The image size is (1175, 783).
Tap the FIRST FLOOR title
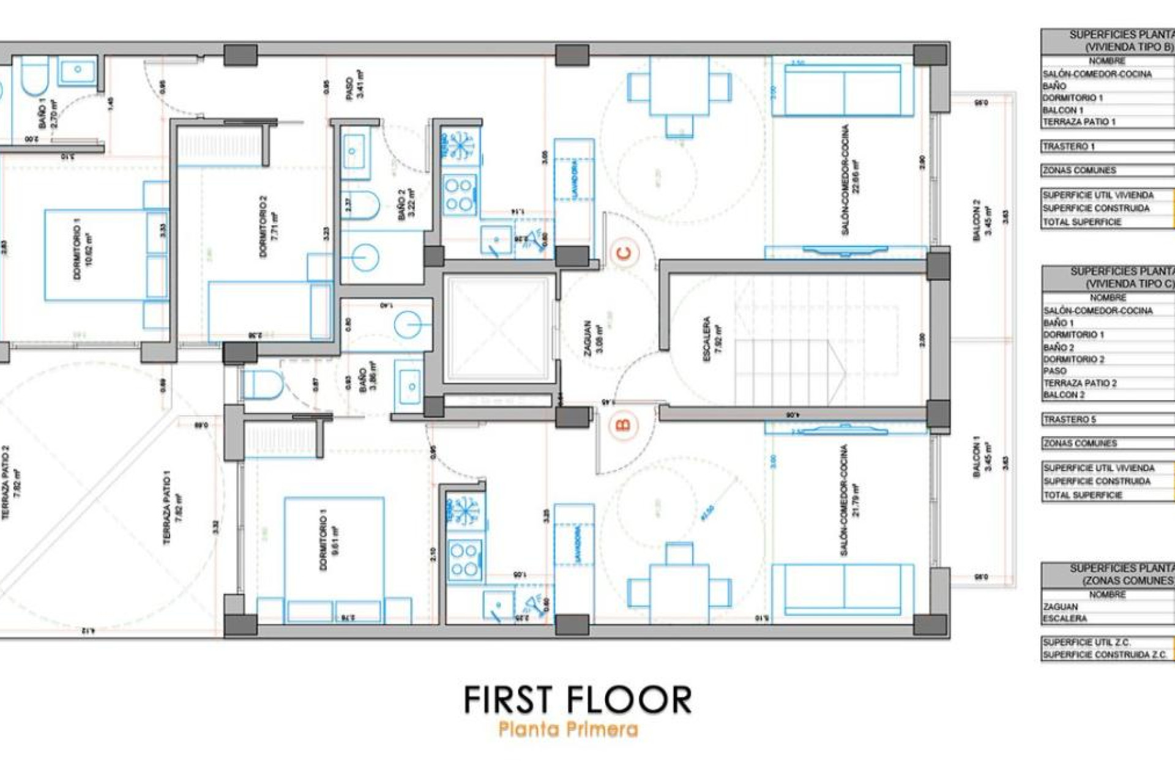tap(578, 700)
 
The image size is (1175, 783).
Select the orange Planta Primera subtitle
tap(569, 729)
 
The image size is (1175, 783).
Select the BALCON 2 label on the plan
tap(982, 220)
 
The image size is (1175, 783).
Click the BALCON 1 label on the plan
tap(982, 456)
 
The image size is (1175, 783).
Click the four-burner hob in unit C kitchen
tap(460, 194)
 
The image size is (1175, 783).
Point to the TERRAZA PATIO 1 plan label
tap(171, 508)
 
